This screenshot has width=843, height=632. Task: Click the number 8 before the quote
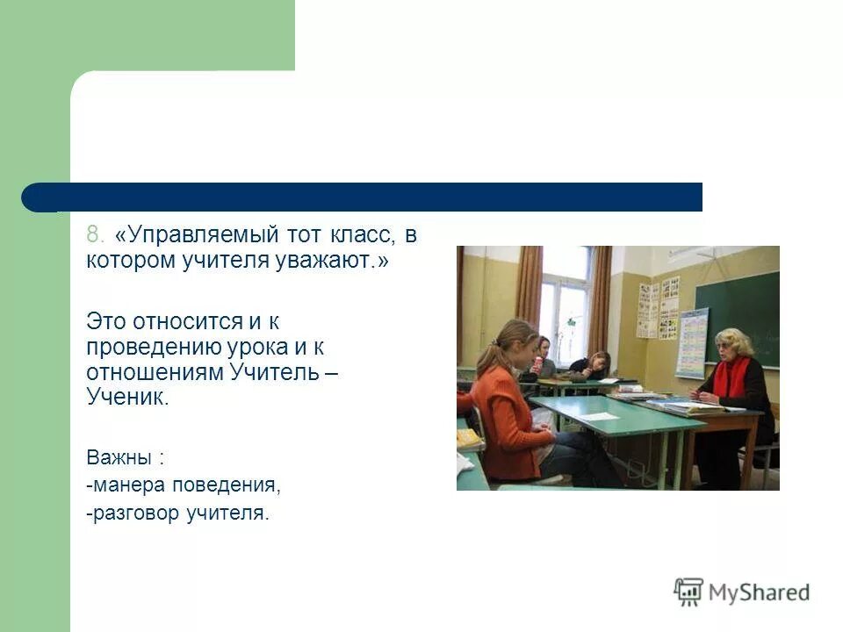click(94, 236)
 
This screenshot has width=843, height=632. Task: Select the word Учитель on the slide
click(273, 371)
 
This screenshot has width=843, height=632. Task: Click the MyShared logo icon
click(689, 592)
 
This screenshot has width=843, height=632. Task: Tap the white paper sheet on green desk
click(597, 415)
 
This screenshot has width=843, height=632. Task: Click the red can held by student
click(537, 362)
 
